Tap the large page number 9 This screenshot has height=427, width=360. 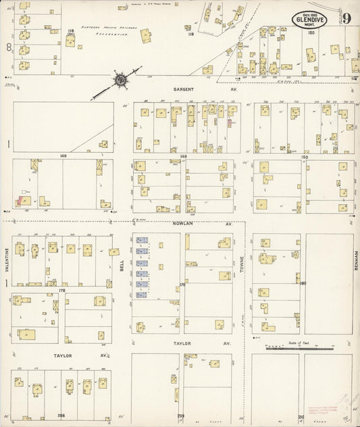(345, 18)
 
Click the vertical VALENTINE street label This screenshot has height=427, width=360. (7, 258)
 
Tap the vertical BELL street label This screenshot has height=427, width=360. (122, 267)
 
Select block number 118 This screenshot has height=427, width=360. (70, 30)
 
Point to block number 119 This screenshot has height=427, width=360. (191, 33)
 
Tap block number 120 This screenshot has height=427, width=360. (311, 32)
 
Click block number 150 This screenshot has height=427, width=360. (304, 156)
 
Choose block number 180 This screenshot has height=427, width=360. (303, 282)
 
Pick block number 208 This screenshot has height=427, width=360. (61, 416)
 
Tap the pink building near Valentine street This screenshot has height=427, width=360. (22, 199)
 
